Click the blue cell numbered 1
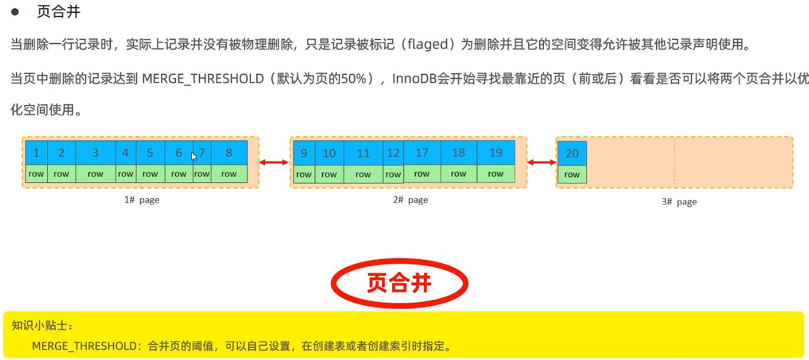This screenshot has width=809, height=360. click(x=36, y=153)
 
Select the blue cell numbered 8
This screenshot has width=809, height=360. click(x=229, y=153)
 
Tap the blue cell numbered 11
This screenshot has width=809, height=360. click(x=363, y=153)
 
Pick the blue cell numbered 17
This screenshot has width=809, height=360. click(x=422, y=152)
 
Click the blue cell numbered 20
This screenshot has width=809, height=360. click(x=572, y=153)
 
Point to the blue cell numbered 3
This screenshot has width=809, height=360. click(x=95, y=153)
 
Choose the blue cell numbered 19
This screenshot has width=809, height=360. click(x=495, y=152)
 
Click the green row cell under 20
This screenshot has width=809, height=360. click(x=572, y=175)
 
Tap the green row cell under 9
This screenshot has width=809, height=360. click(x=304, y=174)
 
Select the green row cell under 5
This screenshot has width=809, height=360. click(x=150, y=174)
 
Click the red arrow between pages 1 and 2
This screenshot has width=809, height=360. click(x=274, y=162)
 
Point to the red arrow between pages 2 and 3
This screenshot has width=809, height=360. click(x=541, y=162)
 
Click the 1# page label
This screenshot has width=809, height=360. click(x=142, y=200)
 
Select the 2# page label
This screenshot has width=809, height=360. click(x=410, y=200)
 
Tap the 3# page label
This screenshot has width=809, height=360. click(x=679, y=202)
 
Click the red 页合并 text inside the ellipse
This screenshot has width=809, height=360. click(x=399, y=284)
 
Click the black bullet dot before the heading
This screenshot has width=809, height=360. click(x=16, y=12)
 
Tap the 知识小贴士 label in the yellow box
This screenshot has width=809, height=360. click(x=40, y=325)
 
